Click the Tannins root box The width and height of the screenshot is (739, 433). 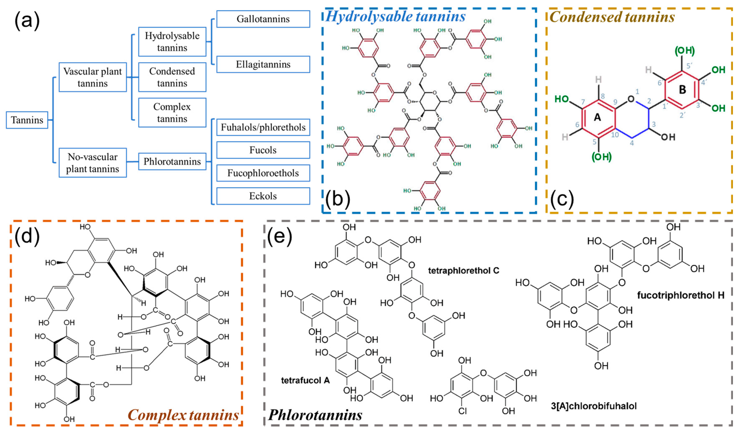click(27, 120)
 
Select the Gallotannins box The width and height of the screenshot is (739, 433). click(263, 19)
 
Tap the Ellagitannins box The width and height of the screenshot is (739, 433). click(263, 65)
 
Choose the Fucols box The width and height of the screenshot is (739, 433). click(263, 150)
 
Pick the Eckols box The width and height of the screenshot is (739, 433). click(263, 196)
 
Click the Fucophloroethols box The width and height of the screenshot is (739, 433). click(263, 173)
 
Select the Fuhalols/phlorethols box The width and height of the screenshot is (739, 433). click(263, 127)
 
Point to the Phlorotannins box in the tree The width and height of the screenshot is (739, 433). click(172, 161)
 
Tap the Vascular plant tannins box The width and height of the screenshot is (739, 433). click(93, 77)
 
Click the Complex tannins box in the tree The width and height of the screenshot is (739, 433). click(172, 113)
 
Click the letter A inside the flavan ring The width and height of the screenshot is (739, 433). click(597, 118)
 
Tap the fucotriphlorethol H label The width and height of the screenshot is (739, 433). click(681, 295)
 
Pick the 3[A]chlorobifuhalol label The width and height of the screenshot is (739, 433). click(594, 406)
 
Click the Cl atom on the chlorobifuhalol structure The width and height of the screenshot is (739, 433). click(462, 411)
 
